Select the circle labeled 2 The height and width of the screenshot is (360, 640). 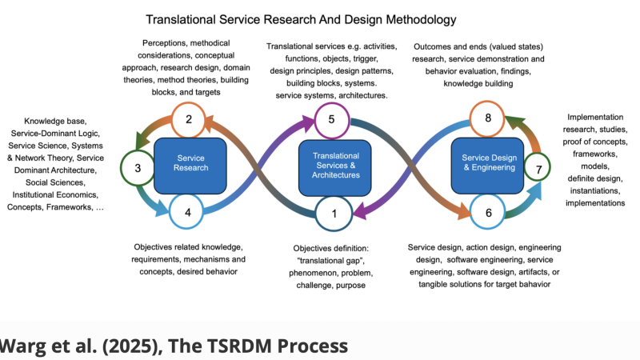pos(189,122)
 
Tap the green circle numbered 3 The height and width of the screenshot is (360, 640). pos(138,168)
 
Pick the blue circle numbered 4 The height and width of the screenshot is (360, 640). pos(187,213)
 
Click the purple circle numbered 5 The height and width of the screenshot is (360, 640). pos(330,121)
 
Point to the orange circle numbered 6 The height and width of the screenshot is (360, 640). pos(487,213)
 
